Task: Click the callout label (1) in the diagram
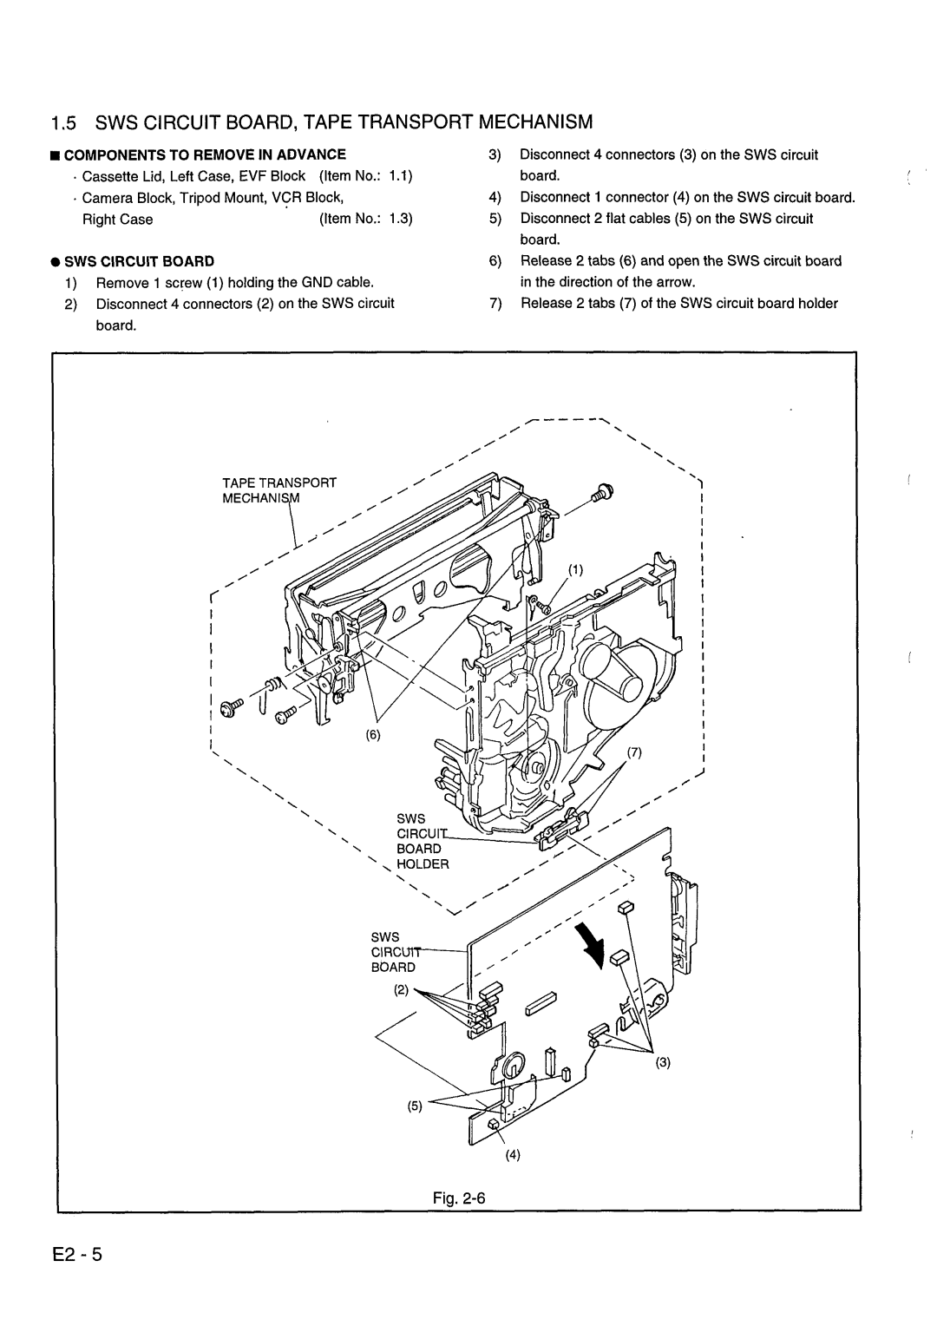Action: click(x=575, y=570)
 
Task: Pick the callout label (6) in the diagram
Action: click(x=373, y=735)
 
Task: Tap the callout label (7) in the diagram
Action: click(x=634, y=752)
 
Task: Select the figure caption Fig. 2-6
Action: click(x=459, y=1198)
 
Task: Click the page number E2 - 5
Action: click(x=77, y=1254)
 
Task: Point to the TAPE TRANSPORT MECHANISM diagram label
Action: click(x=279, y=490)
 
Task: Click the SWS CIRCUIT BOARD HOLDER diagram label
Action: click(x=423, y=841)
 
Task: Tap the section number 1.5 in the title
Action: click(x=64, y=122)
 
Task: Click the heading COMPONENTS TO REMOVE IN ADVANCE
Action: click(x=205, y=155)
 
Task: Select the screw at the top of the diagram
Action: click(x=602, y=493)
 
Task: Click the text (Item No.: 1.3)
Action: click(x=366, y=219)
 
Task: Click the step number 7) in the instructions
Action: click(x=495, y=304)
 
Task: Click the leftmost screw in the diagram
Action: click(x=230, y=707)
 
